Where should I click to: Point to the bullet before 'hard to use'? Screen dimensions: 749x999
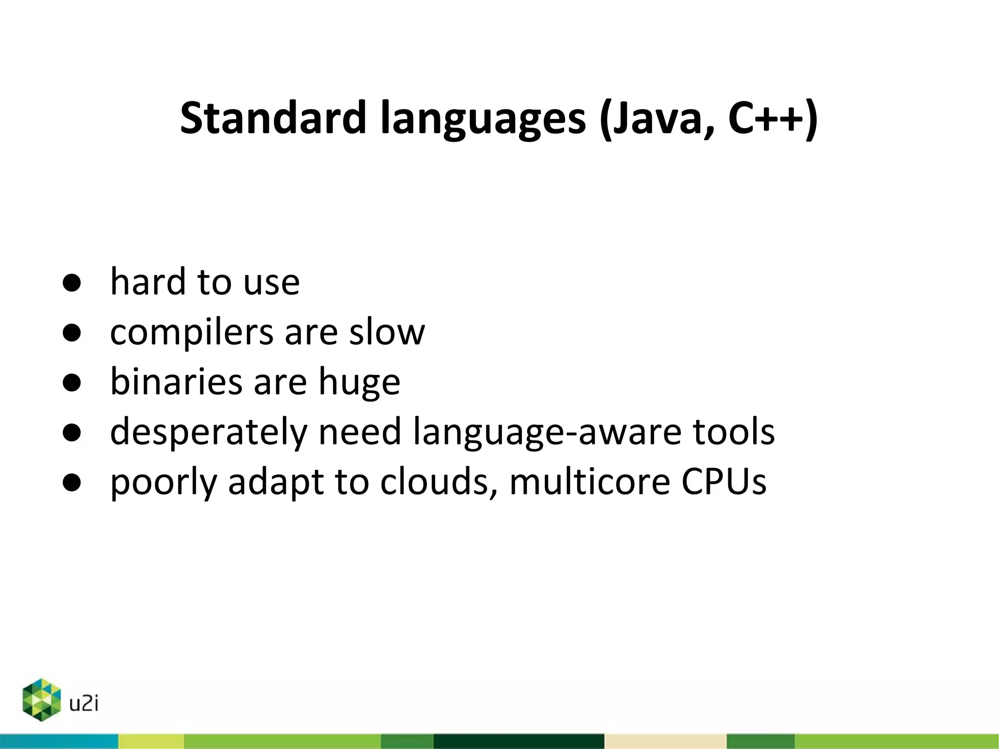pos(72,283)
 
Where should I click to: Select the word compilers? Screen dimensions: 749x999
pos(192,334)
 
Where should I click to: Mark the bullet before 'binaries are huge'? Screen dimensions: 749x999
pos(72,383)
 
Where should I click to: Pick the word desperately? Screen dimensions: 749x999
pos(208,433)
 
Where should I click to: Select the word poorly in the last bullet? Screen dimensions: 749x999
pos(163,483)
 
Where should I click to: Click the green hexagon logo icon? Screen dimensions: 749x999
pos(42,700)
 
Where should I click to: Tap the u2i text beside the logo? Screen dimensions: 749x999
pos(84,704)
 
